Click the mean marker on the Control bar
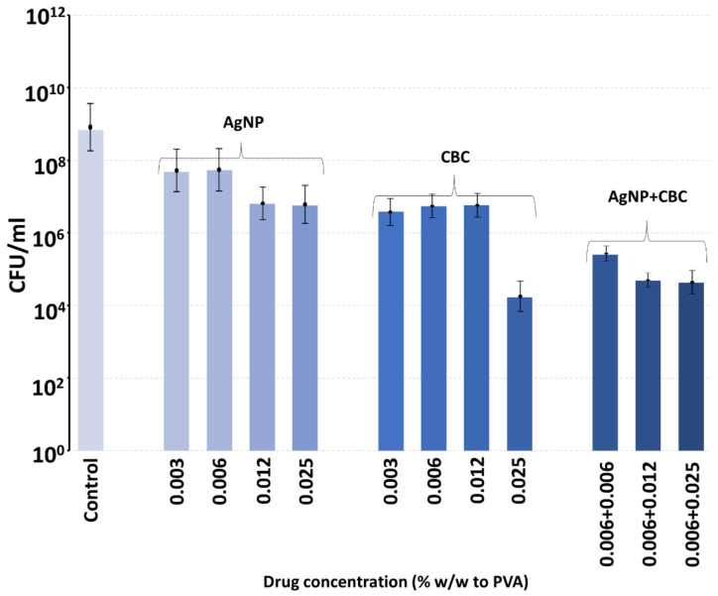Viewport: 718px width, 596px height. click(91, 127)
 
